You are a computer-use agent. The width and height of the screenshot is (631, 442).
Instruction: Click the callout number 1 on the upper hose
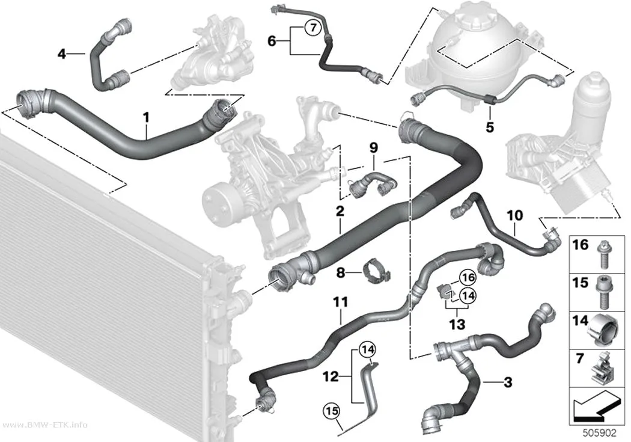[x=146, y=117]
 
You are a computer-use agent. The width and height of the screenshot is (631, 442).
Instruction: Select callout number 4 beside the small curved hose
[x=61, y=54]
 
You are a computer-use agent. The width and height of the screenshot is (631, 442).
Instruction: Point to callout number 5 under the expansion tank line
[x=489, y=127]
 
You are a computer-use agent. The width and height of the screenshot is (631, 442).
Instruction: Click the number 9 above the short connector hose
[x=373, y=148]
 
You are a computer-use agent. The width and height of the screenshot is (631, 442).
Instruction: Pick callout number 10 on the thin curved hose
[x=514, y=215]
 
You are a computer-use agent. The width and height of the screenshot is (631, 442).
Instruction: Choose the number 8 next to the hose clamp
[x=341, y=273]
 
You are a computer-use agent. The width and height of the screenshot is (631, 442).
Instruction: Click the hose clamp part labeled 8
[x=376, y=271]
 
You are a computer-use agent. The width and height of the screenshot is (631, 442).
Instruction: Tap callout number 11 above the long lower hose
[x=341, y=301]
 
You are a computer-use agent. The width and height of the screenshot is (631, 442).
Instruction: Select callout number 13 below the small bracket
[x=457, y=324]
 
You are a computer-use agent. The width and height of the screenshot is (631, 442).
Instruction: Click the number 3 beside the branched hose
[x=508, y=382]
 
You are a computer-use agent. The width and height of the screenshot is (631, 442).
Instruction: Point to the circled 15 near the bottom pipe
[x=331, y=411]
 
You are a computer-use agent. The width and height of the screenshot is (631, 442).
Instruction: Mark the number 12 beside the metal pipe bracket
[x=331, y=377]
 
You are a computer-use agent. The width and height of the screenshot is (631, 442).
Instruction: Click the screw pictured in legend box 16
[x=602, y=255]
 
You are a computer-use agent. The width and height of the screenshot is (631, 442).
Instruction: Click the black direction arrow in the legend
[x=596, y=407]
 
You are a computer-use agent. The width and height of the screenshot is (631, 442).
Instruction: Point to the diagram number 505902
[x=600, y=433]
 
